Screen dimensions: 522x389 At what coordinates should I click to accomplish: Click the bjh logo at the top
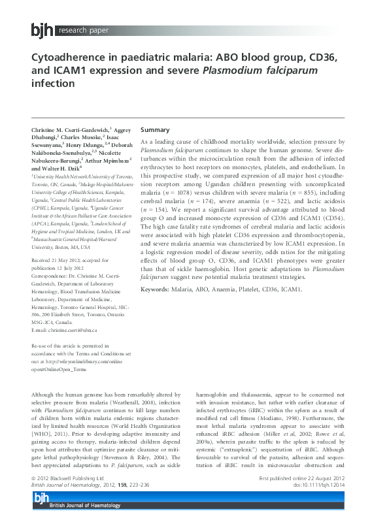click(43, 29)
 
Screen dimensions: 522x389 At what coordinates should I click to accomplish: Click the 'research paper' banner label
click(82, 30)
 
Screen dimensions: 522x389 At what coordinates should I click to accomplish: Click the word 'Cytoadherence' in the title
click(73, 59)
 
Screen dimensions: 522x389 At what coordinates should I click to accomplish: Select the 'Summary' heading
click(155, 130)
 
